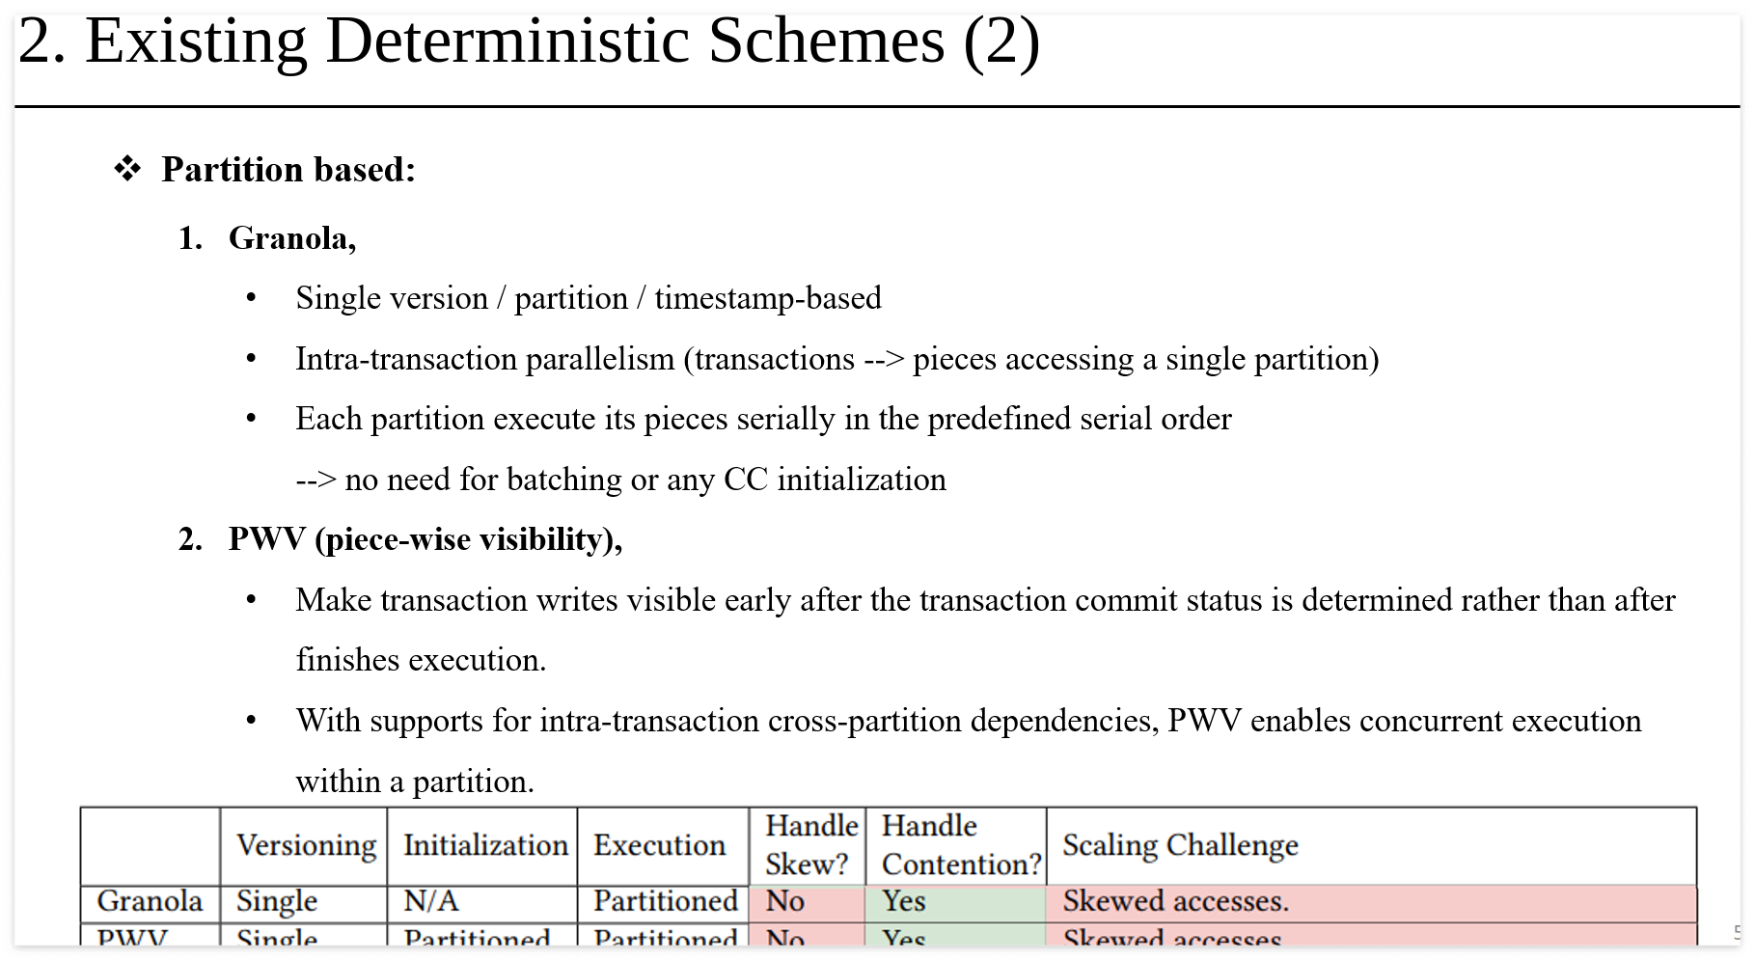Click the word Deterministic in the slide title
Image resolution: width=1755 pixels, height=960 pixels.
pyautogui.click(x=507, y=42)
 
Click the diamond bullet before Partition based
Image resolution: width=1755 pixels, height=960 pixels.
pyautogui.click(x=127, y=170)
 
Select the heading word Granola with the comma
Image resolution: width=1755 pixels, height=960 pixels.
pyautogui.click(x=291, y=238)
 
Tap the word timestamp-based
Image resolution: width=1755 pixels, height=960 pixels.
pyautogui.click(x=767, y=298)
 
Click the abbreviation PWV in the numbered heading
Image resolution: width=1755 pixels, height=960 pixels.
pyautogui.click(x=266, y=539)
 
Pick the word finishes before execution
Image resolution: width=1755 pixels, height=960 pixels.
pyautogui.click(x=347, y=660)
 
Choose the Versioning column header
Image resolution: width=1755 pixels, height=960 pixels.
pyautogui.click(x=306, y=845)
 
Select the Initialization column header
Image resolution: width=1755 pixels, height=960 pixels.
pyautogui.click(x=484, y=845)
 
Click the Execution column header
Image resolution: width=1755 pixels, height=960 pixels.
pyautogui.click(x=659, y=845)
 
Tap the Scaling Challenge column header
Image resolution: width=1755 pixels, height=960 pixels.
pyautogui.click(x=1180, y=845)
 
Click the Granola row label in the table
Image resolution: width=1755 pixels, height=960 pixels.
pyautogui.click(x=150, y=901)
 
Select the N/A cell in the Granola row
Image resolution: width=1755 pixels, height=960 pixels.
pyautogui.click(x=430, y=901)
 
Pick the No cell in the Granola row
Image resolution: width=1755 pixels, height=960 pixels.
pyautogui.click(x=784, y=901)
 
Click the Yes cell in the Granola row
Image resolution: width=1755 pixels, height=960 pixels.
pyautogui.click(x=903, y=901)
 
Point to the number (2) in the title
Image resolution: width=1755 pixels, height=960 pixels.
pyautogui.click(x=1001, y=42)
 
